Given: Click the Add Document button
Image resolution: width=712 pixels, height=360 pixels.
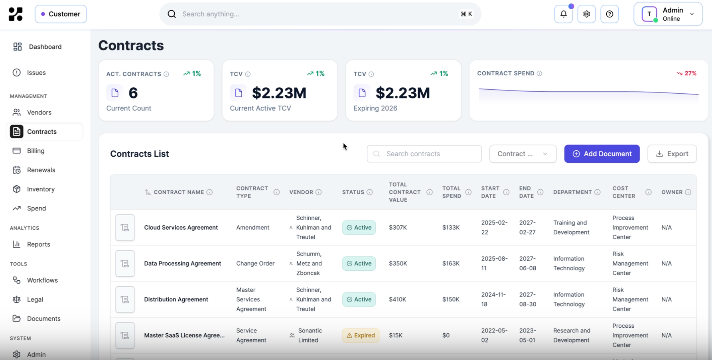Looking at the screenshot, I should click(x=602, y=154).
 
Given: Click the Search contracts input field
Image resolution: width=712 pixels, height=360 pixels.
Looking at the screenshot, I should click(x=424, y=154).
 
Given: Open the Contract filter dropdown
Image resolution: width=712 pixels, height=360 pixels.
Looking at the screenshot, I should click(x=523, y=154).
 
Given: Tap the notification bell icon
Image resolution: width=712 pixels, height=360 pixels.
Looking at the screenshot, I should click(x=563, y=14).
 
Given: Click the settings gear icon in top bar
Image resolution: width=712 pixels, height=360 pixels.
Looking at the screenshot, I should click(x=586, y=14).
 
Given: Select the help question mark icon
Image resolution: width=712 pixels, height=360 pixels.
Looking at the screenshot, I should click(x=609, y=14).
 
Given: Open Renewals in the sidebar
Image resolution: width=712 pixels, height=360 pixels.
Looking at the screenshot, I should click(x=41, y=170).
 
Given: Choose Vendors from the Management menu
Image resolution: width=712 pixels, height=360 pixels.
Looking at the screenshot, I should click(x=39, y=112).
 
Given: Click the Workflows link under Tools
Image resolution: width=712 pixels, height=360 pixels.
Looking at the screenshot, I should click(x=42, y=280).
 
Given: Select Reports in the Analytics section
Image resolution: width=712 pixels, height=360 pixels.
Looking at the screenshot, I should click(x=38, y=244).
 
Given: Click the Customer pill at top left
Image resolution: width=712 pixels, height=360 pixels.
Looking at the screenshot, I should click(x=61, y=14).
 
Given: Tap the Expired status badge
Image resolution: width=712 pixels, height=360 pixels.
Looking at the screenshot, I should click(x=361, y=335).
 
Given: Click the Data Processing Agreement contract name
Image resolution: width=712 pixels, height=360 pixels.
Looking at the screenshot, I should click(x=182, y=264).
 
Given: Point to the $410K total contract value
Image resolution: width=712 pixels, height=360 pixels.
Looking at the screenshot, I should click(x=397, y=299).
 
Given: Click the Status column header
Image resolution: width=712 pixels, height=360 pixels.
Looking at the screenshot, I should click(x=353, y=192).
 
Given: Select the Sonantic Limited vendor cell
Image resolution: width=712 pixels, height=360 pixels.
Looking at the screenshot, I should click(x=310, y=335).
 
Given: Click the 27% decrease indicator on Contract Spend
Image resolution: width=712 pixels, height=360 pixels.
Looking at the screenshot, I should click(x=686, y=73).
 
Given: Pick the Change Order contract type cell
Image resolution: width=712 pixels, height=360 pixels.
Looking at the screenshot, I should click(x=255, y=264).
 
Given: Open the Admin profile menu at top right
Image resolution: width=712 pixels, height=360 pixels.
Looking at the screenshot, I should click(x=668, y=14).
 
